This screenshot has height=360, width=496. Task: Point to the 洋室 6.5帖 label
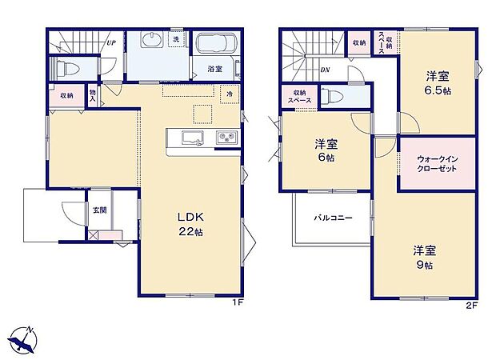(x=436, y=82)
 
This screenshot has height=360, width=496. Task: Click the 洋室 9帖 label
(x=425, y=256)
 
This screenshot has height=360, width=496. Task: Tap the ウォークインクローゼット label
(x=436, y=163)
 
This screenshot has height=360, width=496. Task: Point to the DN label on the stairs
(x=326, y=70)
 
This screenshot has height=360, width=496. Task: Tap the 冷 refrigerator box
(x=229, y=94)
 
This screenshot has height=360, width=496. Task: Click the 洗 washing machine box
(x=176, y=39)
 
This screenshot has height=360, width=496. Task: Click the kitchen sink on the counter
(x=192, y=138)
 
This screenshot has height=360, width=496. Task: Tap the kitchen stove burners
(x=225, y=138)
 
